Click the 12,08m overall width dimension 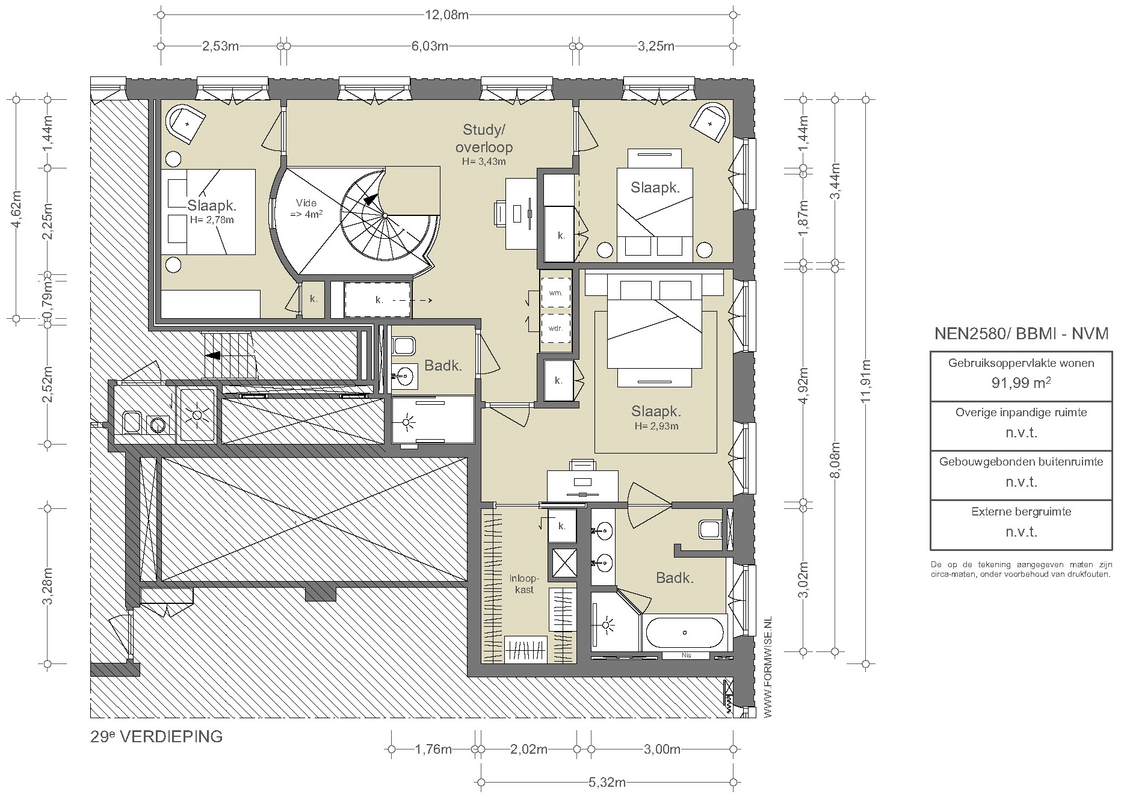pos(446,14)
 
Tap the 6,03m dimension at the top pos(430,46)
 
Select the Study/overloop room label pos(484,138)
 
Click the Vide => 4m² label pos(306,208)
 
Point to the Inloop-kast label pos(525,584)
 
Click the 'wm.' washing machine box pos(555,292)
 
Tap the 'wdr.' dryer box pos(555,328)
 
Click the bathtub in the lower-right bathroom pos(685,633)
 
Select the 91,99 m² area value pos(1021,383)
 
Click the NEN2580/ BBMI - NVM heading pos(1021,334)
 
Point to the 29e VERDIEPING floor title pos(156,736)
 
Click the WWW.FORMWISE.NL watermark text pos(767,667)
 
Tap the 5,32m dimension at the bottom pos(607,783)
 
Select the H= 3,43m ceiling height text pos(484,161)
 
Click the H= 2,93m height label pos(656,426)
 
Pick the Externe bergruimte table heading pos(1021,512)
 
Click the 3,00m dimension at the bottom pos(662,749)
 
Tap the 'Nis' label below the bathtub pos(686,655)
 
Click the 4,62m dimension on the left pos(17,209)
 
